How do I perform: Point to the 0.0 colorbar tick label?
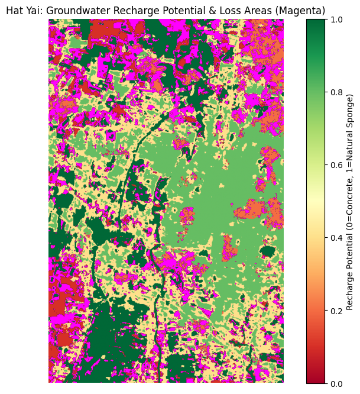coord(335,383)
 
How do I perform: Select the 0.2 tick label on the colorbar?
coord(335,311)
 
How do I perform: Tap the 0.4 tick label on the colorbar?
coord(335,238)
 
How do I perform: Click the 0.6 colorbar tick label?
coord(335,164)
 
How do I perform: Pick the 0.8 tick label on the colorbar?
coord(335,92)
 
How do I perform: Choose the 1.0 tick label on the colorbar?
coord(335,19)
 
